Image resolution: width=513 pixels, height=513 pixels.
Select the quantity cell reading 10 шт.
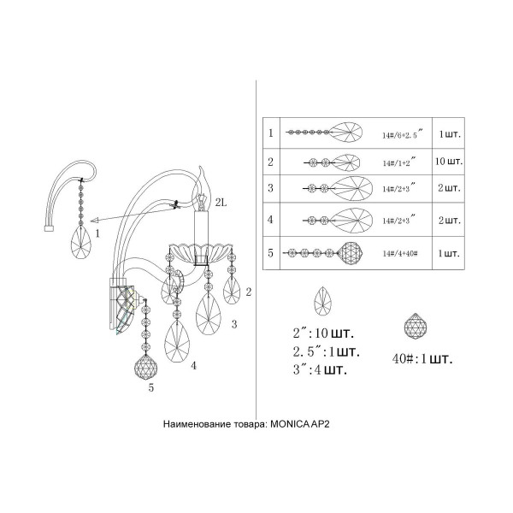point(448,162)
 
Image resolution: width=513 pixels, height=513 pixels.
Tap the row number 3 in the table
point(270,188)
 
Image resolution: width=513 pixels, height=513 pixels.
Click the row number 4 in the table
point(270,220)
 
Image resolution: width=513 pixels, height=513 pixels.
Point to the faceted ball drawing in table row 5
point(356,253)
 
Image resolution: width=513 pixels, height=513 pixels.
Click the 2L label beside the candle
point(221,202)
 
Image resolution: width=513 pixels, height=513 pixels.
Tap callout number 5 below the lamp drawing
point(151,387)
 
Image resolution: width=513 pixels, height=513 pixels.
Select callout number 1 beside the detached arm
point(97,232)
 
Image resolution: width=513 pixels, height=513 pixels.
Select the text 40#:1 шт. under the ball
point(418,357)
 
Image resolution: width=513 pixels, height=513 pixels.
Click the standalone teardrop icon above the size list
point(325,301)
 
